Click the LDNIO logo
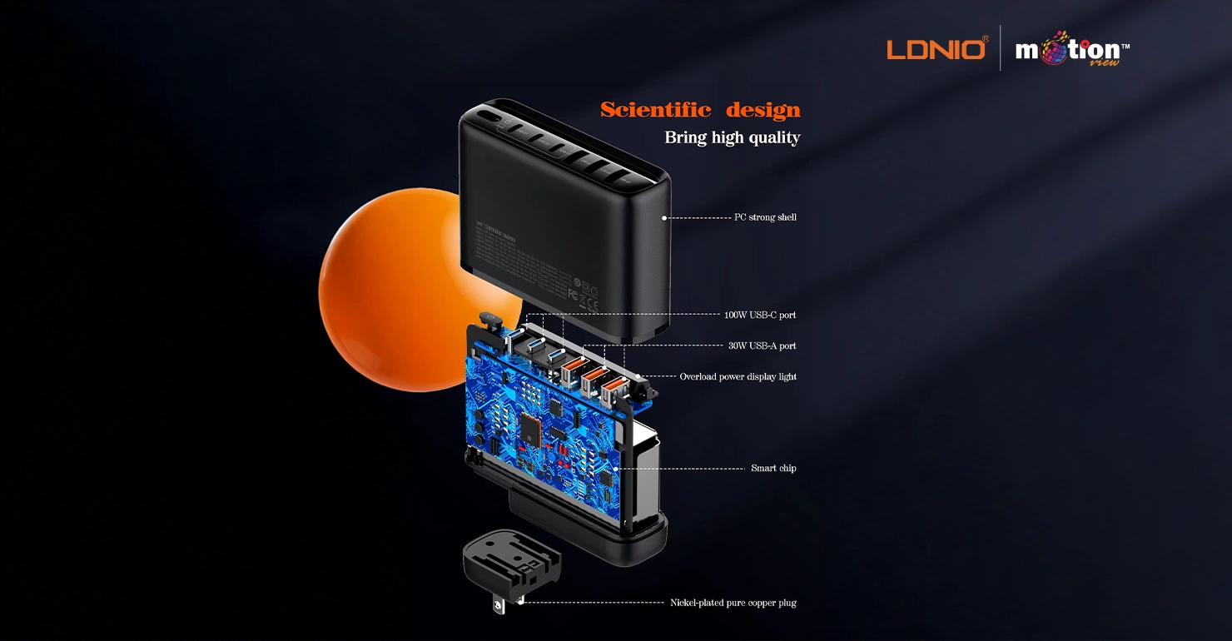pyautogui.click(x=936, y=48)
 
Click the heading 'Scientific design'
pyautogui.click(x=700, y=110)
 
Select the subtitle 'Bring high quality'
pyautogui.click(x=732, y=137)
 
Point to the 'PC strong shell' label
pyautogui.click(x=765, y=217)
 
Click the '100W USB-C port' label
pyautogui.click(x=759, y=316)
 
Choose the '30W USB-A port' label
pyautogui.click(x=762, y=345)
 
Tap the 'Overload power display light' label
pyautogui.click(x=738, y=377)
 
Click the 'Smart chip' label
pyautogui.click(x=773, y=469)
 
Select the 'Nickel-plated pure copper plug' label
pyautogui.click(x=733, y=603)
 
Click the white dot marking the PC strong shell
pyautogui.click(x=664, y=218)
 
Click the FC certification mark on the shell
pyautogui.click(x=573, y=293)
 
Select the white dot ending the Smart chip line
pyautogui.click(x=616, y=469)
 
